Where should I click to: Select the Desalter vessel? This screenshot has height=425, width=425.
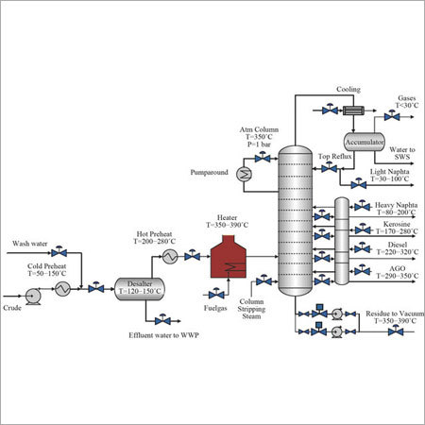[140, 290]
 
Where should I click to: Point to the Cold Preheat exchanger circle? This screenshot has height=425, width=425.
[62, 290]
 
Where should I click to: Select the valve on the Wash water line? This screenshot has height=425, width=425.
[59, 254]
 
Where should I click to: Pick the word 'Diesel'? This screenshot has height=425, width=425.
[388, 247]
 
